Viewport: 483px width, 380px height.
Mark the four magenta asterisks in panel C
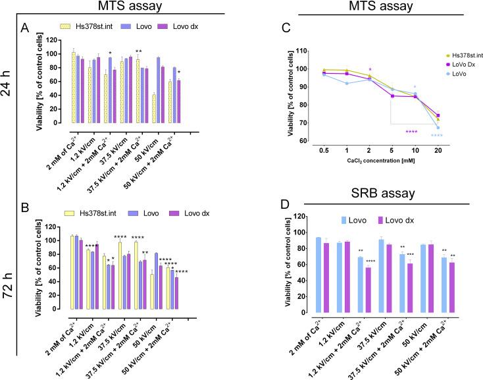tap(412, 132)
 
